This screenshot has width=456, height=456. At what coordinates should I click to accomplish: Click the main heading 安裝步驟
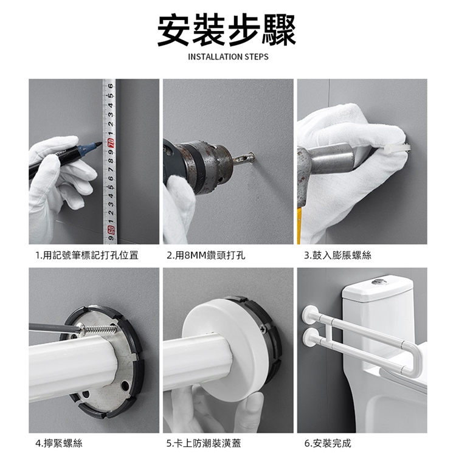(x=226, y=30)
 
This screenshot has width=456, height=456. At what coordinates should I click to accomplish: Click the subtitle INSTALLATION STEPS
(x=228, y=57)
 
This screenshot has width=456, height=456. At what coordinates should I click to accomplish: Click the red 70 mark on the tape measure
(x=111, y=142)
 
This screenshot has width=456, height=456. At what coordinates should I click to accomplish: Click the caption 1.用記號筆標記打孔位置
(x=87, y=255)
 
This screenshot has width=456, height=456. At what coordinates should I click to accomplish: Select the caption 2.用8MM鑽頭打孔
(x=206, y=255)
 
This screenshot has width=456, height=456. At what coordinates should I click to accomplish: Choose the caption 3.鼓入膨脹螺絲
(x=337, y=255)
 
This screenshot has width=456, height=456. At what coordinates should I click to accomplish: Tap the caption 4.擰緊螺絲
(x=59, y=443)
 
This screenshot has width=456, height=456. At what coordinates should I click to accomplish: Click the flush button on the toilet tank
(x=379, y=282)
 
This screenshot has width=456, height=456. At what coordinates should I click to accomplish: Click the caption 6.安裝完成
(x=328, y=443)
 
